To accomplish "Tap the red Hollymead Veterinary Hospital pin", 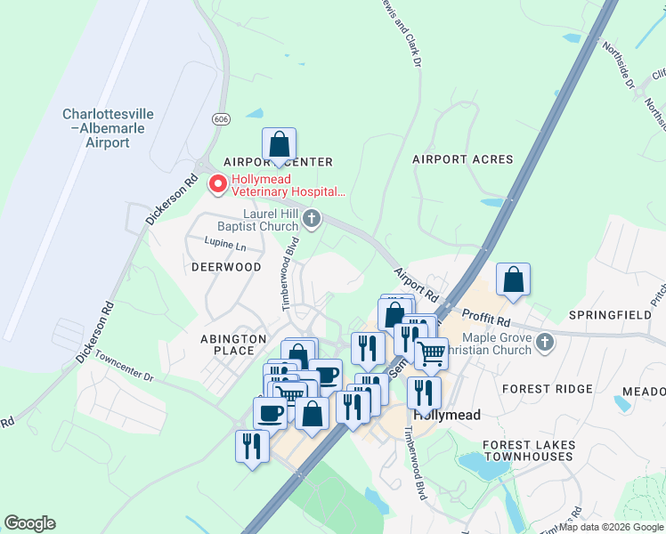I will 216,184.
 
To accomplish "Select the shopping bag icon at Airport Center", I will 279,143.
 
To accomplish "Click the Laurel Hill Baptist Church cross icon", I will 311,218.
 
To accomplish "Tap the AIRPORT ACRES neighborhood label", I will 463,159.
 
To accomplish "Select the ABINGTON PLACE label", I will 233,344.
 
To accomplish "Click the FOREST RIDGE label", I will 547,389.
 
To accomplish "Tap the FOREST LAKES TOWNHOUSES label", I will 528,450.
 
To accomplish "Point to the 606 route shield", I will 221,119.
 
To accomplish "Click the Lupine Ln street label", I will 223,243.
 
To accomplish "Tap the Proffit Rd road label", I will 485,318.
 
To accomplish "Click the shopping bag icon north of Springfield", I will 513,279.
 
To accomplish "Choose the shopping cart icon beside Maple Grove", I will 431,352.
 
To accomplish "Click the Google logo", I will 29,523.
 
